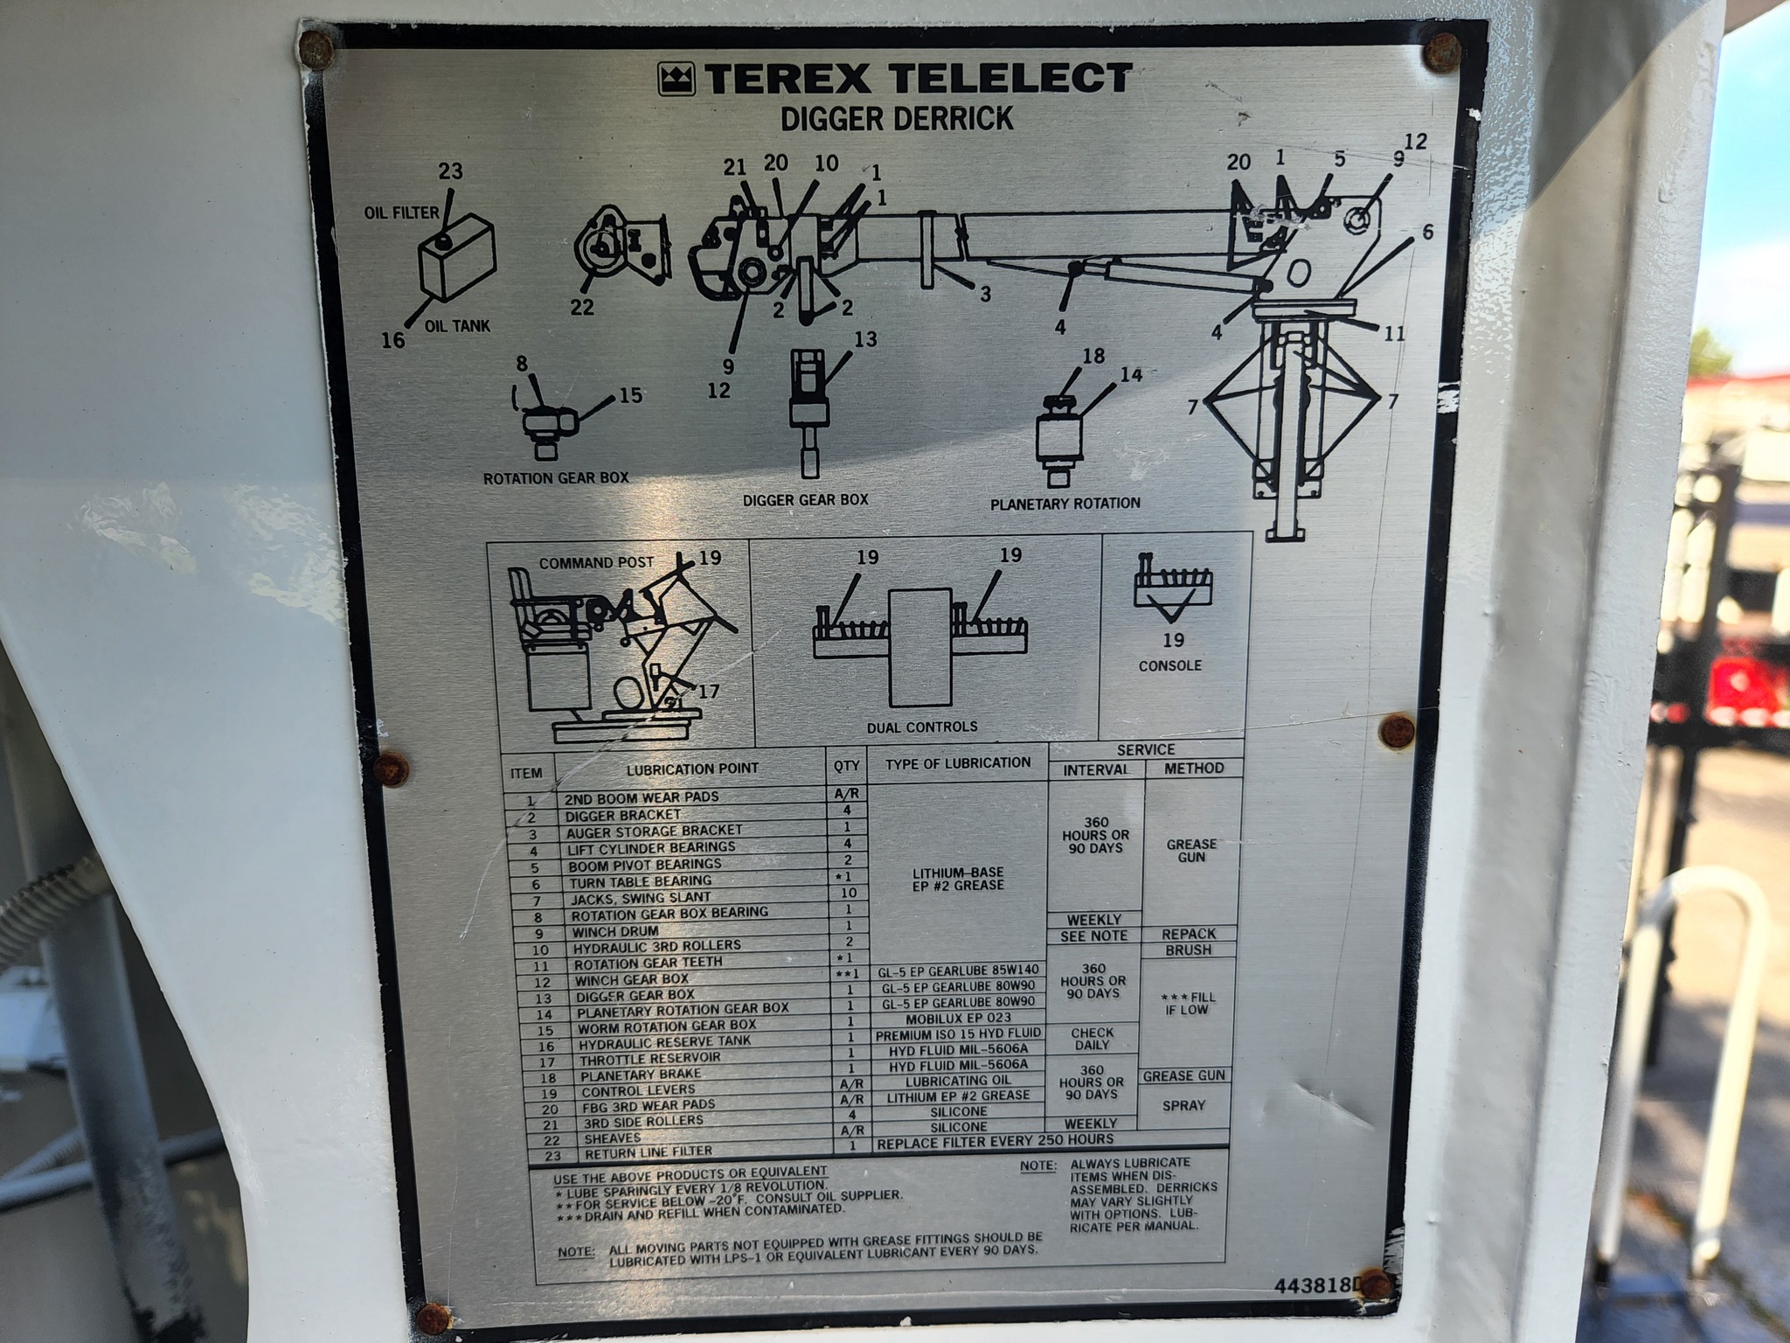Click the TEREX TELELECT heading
918,79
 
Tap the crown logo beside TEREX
676,80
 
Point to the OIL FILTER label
402,212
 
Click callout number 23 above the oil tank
451,170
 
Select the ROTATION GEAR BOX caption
556,478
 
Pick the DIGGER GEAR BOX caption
806,500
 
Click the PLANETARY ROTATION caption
1065,504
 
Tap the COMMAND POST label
596,563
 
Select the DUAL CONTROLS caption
922,727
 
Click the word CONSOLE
1170,665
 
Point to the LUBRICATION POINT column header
692,769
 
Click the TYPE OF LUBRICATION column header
958,763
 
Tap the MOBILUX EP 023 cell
958,1018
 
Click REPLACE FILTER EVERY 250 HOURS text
996,1141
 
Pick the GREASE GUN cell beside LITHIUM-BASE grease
1191,851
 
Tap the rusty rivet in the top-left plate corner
316,49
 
